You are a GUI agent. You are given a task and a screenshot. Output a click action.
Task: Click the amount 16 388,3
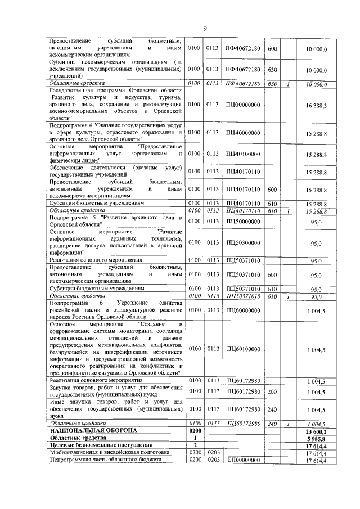pyautogui.click(x=317, y=105)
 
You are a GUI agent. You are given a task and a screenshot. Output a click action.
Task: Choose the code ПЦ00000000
pyautogui.click(x=243, y=105)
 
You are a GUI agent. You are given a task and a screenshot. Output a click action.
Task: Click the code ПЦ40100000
pyautogui.click(x=243, y=154)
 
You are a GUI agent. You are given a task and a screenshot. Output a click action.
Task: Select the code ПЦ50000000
pyautogui.click(x=243, y=222)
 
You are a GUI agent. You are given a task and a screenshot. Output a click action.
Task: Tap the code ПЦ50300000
pyautogui.click(x=243, y=242)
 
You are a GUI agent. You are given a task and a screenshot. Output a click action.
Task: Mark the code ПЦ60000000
pyautogui.click(x=243, y=309)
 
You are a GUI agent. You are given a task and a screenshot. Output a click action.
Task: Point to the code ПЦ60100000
pyautogui.click(x=243, y=349)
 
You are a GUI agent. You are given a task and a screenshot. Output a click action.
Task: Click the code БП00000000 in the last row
pyautogui.click(x=243, y=460)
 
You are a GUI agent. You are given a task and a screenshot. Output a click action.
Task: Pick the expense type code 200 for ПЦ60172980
pyautogui.click(x=272, y=391)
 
